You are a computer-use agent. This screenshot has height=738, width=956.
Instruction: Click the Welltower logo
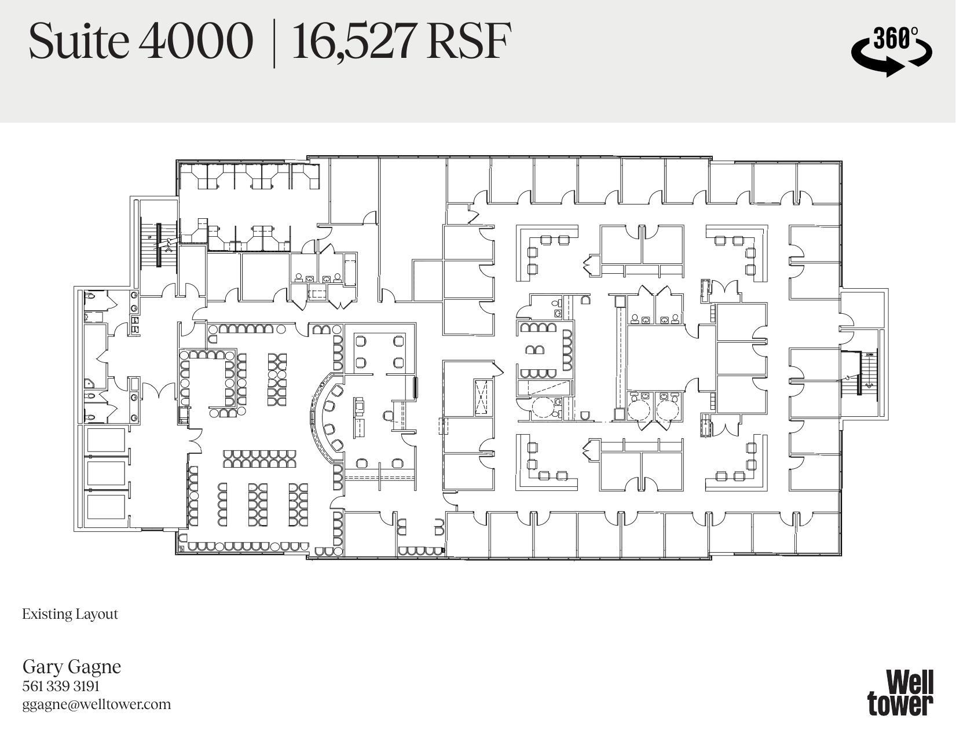point(900,692)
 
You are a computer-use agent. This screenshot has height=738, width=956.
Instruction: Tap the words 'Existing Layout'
point(70,614)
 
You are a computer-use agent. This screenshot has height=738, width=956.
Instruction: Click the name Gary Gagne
point(72,666)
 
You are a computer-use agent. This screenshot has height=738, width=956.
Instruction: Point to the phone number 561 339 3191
point(61,686)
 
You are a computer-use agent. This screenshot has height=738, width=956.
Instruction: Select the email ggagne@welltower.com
point(97,704)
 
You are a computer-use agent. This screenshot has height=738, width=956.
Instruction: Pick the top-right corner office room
point(818,182)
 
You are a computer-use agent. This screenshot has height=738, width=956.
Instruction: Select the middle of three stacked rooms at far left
point(107,473)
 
